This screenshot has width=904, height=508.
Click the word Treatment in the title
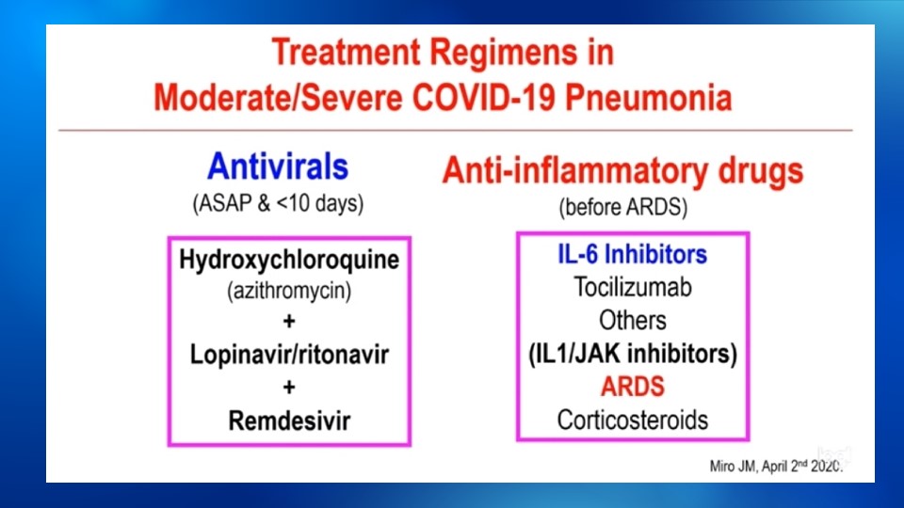[x=346, y=53]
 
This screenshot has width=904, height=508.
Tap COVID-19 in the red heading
[x=484, y=97]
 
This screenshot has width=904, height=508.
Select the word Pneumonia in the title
[x=649, y=97]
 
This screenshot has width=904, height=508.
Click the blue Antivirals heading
[x=278, y=167]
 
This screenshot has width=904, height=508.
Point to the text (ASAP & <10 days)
[x=278, y=203]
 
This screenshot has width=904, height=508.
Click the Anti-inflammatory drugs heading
[x=622, y=171]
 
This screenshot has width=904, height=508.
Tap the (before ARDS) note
[x=623, y=207]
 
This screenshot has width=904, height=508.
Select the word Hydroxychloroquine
[x=289, y=260]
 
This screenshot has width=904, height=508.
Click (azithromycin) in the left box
[x=289, y=291]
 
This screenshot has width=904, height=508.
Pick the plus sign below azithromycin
[x=289, y=321]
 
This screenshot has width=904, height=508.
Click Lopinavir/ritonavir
[x=289, y=355]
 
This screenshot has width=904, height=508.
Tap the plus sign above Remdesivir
[x=289, y=387]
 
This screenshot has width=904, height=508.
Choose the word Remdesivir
[x=289, y=421]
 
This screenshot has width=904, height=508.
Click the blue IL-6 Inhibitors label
[x=633, y=254]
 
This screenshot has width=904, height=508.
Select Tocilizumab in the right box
[x=633, y=287]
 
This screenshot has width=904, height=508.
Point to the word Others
[x=633, y=320]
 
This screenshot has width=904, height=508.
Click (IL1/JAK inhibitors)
[x=633, y=354]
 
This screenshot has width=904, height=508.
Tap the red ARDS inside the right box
[x=633, y=387]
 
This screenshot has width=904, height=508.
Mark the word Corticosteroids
[x=633, y=420]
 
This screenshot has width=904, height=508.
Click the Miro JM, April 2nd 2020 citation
[x=776, y=466]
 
